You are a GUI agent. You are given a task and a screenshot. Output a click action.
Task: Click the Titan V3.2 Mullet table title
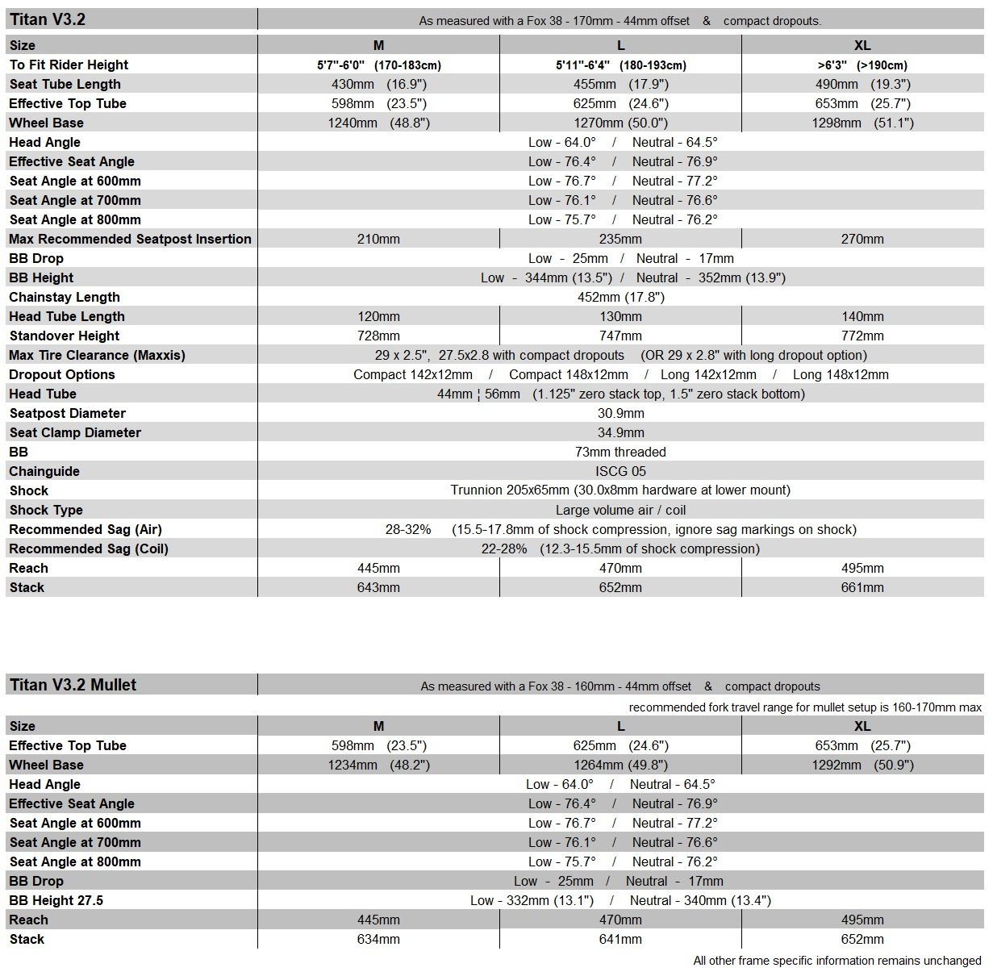coord(73,685)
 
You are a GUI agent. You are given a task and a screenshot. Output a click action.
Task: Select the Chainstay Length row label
coord(65,297)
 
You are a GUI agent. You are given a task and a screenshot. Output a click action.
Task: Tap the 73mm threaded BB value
coord(620,452)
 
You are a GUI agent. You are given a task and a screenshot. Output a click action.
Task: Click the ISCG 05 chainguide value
coord(620,471)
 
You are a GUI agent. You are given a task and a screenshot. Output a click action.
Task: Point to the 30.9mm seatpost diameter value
coord(620,413)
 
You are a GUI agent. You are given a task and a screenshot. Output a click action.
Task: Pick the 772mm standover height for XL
coord(862,336)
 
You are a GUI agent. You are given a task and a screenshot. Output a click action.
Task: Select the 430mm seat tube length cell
coord(378,84)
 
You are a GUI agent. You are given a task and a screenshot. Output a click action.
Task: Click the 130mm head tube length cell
coord(620,316)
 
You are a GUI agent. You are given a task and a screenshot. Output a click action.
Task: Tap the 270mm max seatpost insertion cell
coord(862,239)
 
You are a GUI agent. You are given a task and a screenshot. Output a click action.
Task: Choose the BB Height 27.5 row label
coord(56,900)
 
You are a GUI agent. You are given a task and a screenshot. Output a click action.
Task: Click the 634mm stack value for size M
coord(378,939)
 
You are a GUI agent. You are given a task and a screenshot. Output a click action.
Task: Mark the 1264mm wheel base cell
coord(620,765)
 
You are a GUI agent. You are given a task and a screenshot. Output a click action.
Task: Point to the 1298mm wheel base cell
coord(862,123)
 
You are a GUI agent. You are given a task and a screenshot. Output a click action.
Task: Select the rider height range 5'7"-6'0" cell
coord(378,65)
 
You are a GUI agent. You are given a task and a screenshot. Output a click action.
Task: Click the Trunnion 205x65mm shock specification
coord(620,490)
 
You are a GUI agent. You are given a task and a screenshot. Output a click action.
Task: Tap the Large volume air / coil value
coord(620,510)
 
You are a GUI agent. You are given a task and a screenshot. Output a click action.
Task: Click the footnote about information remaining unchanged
coord(837,961)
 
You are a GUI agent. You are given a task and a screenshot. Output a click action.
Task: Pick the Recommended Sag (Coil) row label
coord(89,549)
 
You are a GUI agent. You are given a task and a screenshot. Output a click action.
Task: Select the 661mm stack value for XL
coord(862,587)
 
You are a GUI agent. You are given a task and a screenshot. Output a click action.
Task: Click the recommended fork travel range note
coord(805,707)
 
